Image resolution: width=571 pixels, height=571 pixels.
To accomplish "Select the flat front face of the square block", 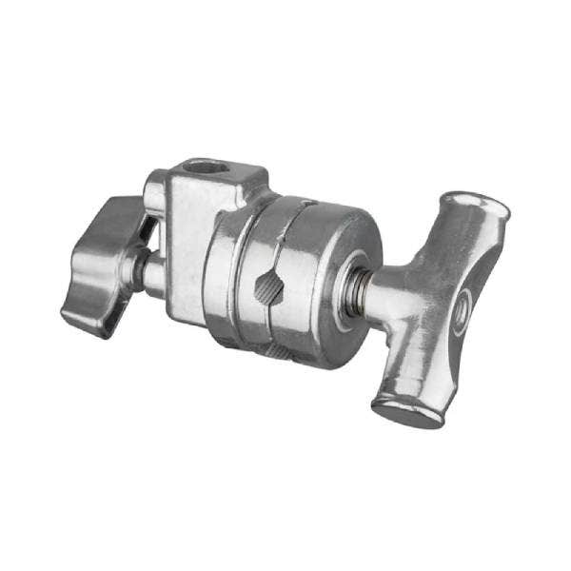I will click(189, 247).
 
